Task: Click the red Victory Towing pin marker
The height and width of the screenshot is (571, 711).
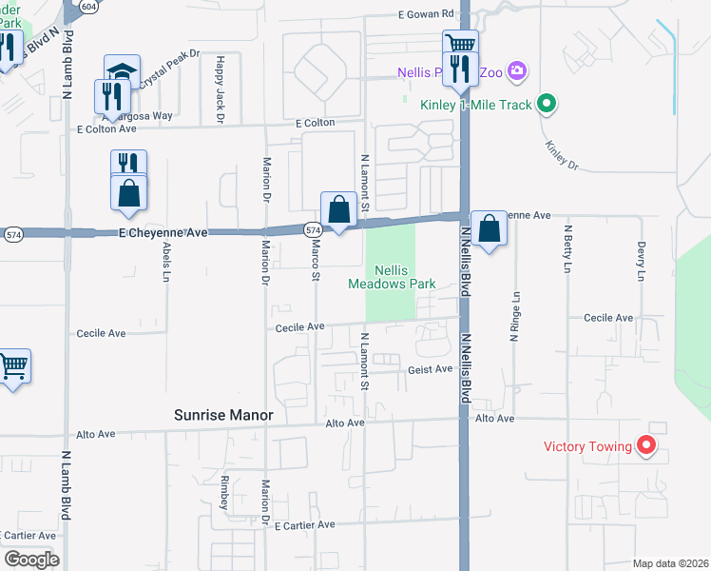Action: coord(646,444)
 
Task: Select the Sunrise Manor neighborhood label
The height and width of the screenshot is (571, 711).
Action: coord(223,415)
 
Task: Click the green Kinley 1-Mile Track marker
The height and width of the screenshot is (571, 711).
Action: coord(547,105)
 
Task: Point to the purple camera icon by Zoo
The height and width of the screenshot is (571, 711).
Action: coord(517,70)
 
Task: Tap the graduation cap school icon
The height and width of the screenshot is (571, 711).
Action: coord(122,72)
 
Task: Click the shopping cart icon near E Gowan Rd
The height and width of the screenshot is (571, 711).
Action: coord(460,43)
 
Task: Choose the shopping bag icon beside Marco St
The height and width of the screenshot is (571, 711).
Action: coord(338,208)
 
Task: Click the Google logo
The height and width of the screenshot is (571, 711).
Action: coord(31,560)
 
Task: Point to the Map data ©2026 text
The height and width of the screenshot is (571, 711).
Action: coord(669,563)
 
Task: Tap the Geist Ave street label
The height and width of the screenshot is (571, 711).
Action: coord(430,369)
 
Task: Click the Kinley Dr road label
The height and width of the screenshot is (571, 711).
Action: coord(562,155)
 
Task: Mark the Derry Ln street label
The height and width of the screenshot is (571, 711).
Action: coord(641,261)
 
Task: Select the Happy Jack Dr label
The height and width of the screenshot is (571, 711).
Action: coord(219,89)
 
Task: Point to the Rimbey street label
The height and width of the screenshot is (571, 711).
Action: coord(225,492)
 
